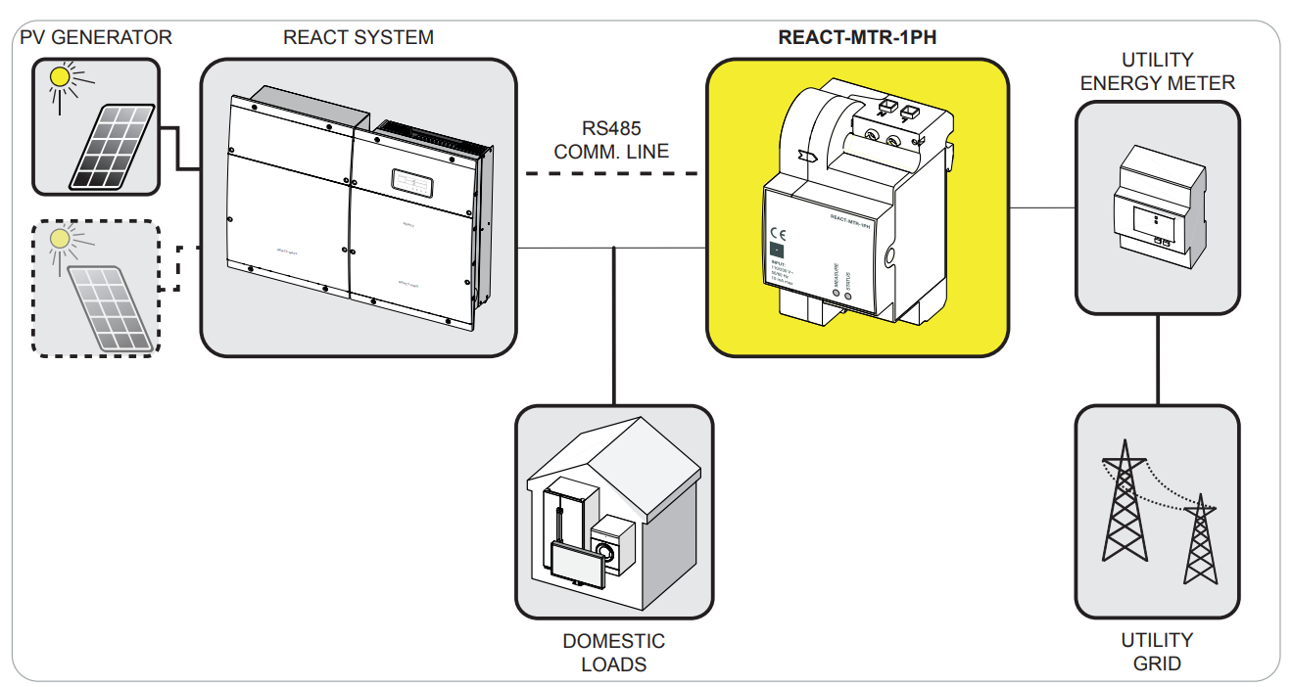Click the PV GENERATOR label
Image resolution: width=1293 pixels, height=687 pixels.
click(x=95, y=38)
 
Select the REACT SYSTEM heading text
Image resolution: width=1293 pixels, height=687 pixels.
click(x=358, y=38)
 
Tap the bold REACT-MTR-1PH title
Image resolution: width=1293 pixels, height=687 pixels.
click(x=858, y=38)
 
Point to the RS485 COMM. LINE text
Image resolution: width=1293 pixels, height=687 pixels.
click(x=611, y=140)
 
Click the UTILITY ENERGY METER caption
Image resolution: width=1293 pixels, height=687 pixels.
click(x=1157, y=71)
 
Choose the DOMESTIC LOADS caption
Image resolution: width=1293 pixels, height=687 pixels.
click(x=613, y=653)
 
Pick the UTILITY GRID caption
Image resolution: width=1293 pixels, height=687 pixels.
click(x=1157, y=652)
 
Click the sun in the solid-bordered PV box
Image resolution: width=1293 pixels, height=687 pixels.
click(x=62, y=76)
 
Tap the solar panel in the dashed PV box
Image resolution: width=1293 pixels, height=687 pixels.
click(x=115, y=307)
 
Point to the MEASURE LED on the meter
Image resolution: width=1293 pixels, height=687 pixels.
click(x=836, y=293)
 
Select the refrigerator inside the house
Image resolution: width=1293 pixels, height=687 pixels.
click(x=565, y=519)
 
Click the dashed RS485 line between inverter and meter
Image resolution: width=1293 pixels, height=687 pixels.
click(x=611, y=174)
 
